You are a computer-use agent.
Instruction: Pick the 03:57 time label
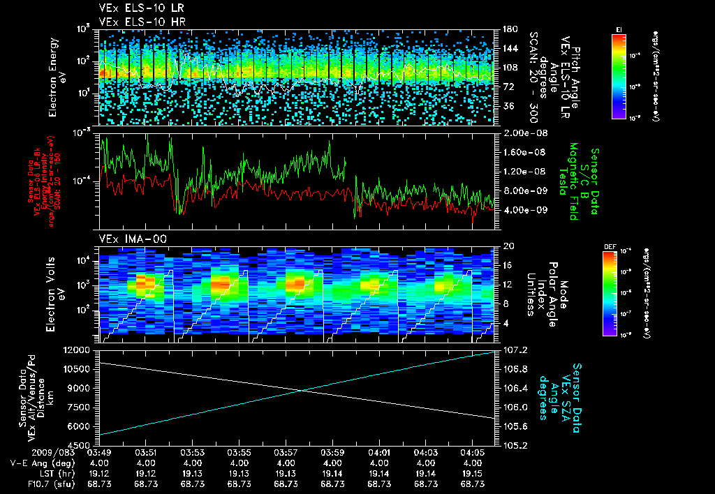pyautogui.click(x=286, y=454)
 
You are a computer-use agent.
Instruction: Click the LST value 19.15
pyautogui.click(x=473, y=473)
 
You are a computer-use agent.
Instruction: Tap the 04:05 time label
pyautogui.click(x=473, y=454)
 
